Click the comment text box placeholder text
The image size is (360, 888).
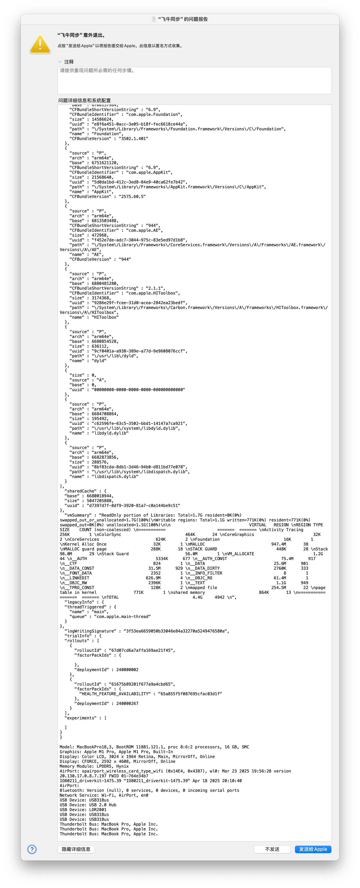pos(97,70)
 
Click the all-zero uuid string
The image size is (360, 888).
pos(138,390)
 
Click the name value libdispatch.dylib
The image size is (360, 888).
pos(116,476)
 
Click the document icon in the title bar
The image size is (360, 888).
pos(154,19)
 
